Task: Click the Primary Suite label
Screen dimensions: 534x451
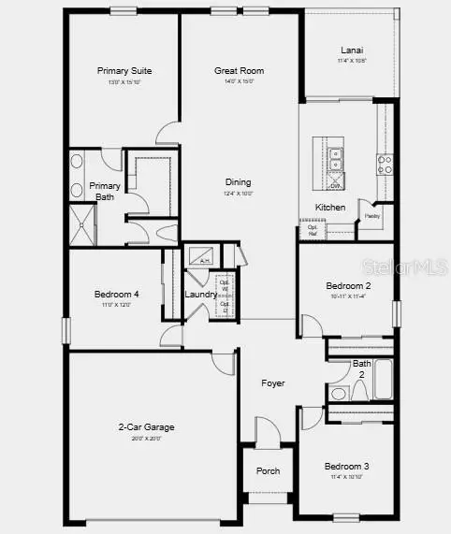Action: pos(124,70)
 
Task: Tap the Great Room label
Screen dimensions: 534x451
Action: pos(239,70)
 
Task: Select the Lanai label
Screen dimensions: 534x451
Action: pos(352,51)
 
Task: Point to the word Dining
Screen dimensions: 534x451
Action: pos(238,182)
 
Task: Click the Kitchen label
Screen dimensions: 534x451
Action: pos(329,207)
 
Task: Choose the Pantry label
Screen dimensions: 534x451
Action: pos(372,216)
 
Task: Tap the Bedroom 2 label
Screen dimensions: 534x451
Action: pos(348,285)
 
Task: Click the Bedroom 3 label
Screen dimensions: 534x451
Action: pos(347,466)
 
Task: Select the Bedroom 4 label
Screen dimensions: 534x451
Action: pos(117,295)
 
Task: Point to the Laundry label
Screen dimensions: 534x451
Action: pos(200,295)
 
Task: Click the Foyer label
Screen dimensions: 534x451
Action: pos(272,383)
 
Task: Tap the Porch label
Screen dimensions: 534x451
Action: pos(268,470)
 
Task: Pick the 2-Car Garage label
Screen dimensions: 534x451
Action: pos(146,427)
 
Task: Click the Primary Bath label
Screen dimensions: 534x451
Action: pos(105,191)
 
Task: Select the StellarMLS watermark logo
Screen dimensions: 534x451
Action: pos(411,267)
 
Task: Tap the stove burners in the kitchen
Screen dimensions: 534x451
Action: pos(384,165)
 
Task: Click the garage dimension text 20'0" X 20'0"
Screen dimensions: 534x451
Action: pos(146,438)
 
